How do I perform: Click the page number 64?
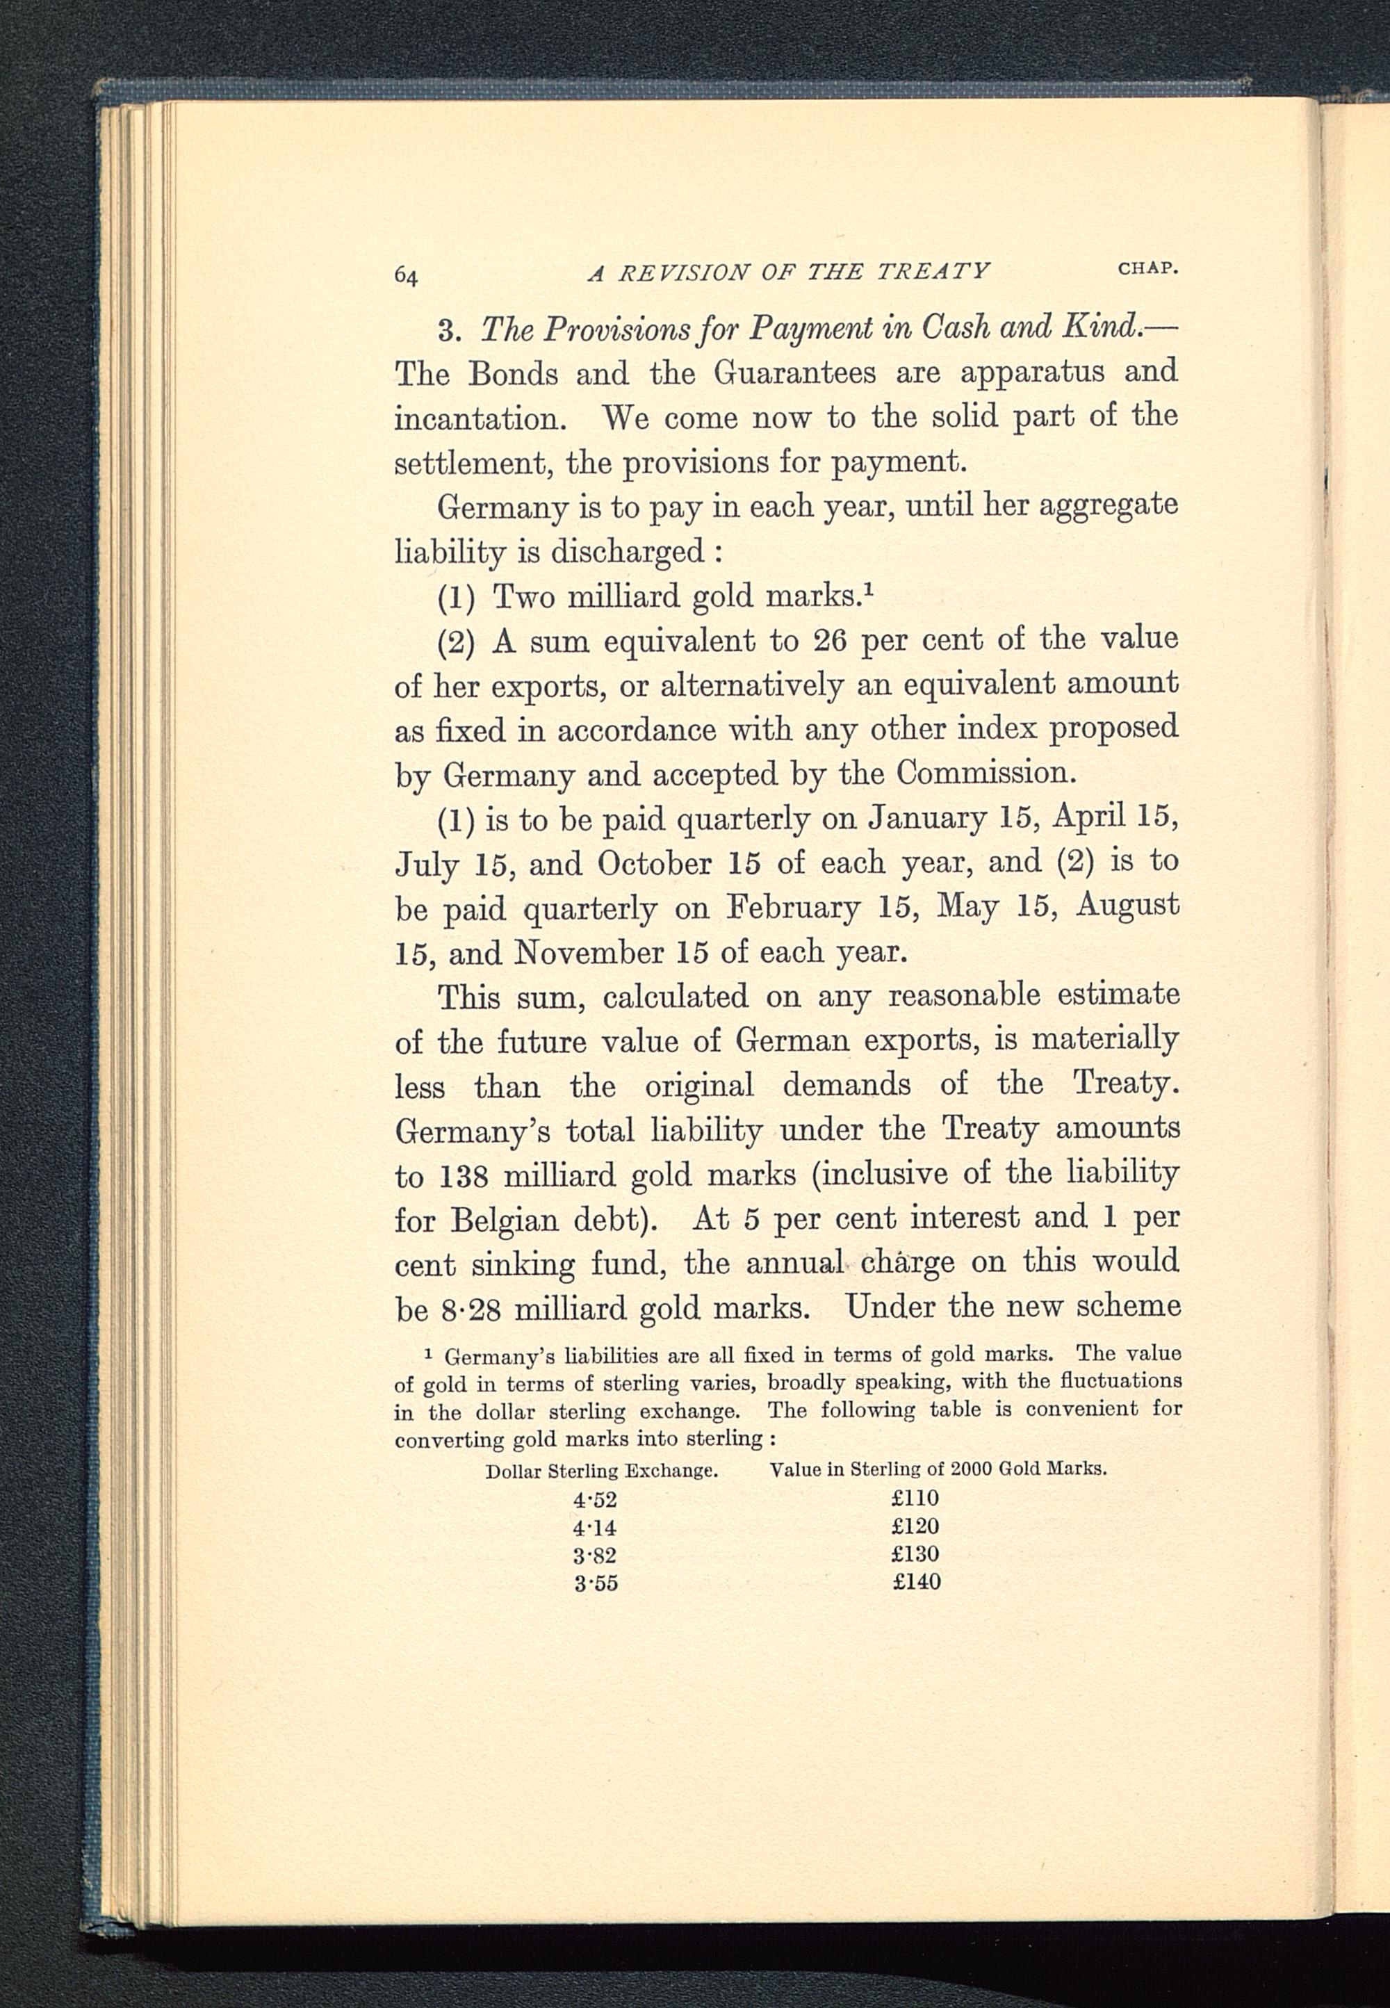[x=407, y=275]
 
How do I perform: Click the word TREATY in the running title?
[x=933, y=272]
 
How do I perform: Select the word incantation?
[x=480, y=419]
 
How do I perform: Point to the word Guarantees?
[x=794, y=373]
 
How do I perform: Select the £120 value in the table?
[x=915, y=1526]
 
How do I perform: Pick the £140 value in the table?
[x=916, y=1582]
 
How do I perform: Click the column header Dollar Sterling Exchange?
[x=601, y=1471]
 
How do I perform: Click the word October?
[x=654, y=863]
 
